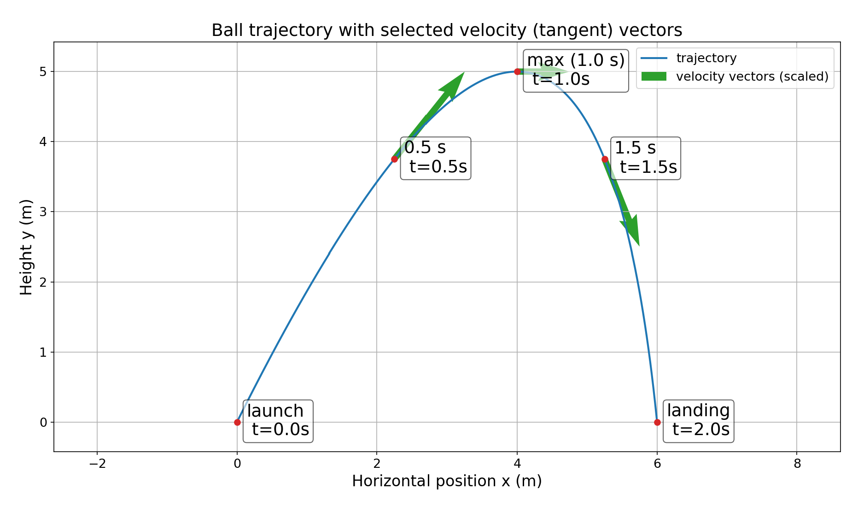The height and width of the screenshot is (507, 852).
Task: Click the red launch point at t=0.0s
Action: point(237,422)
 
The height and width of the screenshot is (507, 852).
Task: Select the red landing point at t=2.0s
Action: point(657,422)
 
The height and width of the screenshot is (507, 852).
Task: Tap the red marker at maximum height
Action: point(517,71)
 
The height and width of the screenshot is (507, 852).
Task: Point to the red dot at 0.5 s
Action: point(394,159)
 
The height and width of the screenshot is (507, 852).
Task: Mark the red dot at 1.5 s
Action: point(605,159)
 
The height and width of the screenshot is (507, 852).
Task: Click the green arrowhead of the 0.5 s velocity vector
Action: point(453,84)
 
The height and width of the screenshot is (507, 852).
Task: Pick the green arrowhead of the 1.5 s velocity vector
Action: point(632,230)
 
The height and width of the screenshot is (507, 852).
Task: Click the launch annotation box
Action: point(278,421)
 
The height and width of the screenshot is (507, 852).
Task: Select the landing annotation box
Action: point(698,421)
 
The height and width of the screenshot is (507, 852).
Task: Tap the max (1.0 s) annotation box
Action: point(576,71)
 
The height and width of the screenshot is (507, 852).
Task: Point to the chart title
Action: point(447,30)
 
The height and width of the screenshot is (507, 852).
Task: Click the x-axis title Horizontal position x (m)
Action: point(447,481)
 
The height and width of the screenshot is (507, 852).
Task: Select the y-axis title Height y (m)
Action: point(26,247)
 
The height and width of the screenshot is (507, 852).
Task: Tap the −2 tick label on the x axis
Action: point(97,463)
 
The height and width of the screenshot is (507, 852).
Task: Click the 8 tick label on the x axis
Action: point(797,463)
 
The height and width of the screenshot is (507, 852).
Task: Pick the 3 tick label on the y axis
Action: point(43,212)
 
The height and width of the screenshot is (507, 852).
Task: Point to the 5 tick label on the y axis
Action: point(43,72)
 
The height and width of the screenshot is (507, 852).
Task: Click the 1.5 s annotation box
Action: point(645,158)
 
